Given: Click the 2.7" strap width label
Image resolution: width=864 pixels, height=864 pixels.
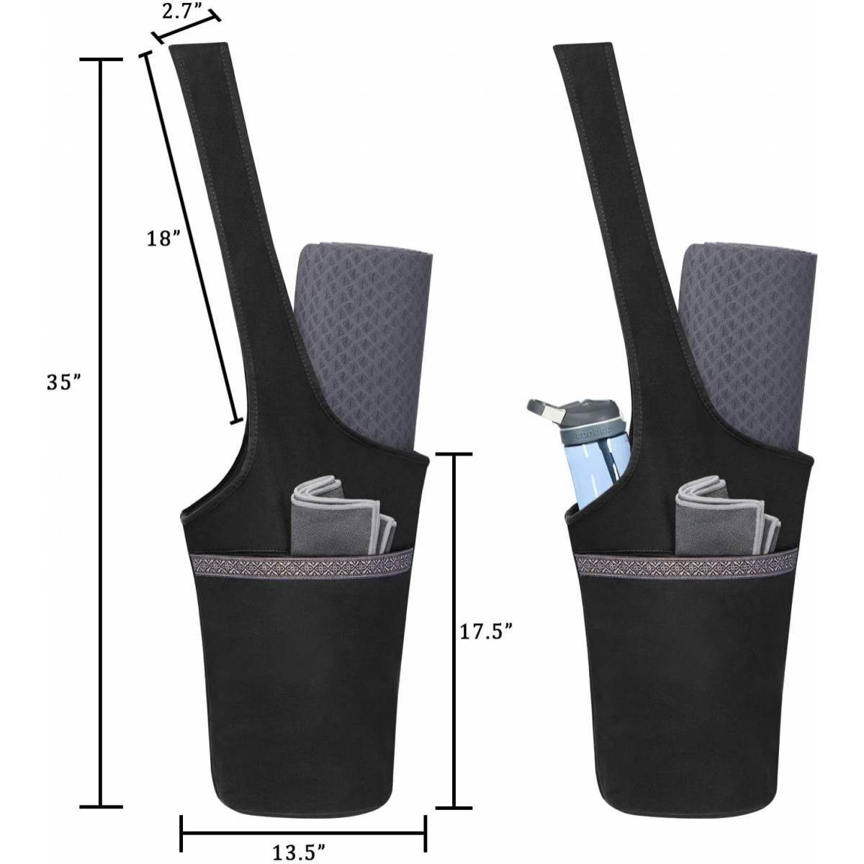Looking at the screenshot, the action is (x=181, y=12).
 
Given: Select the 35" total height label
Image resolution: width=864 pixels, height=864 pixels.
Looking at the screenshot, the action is (x=64, y=383).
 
